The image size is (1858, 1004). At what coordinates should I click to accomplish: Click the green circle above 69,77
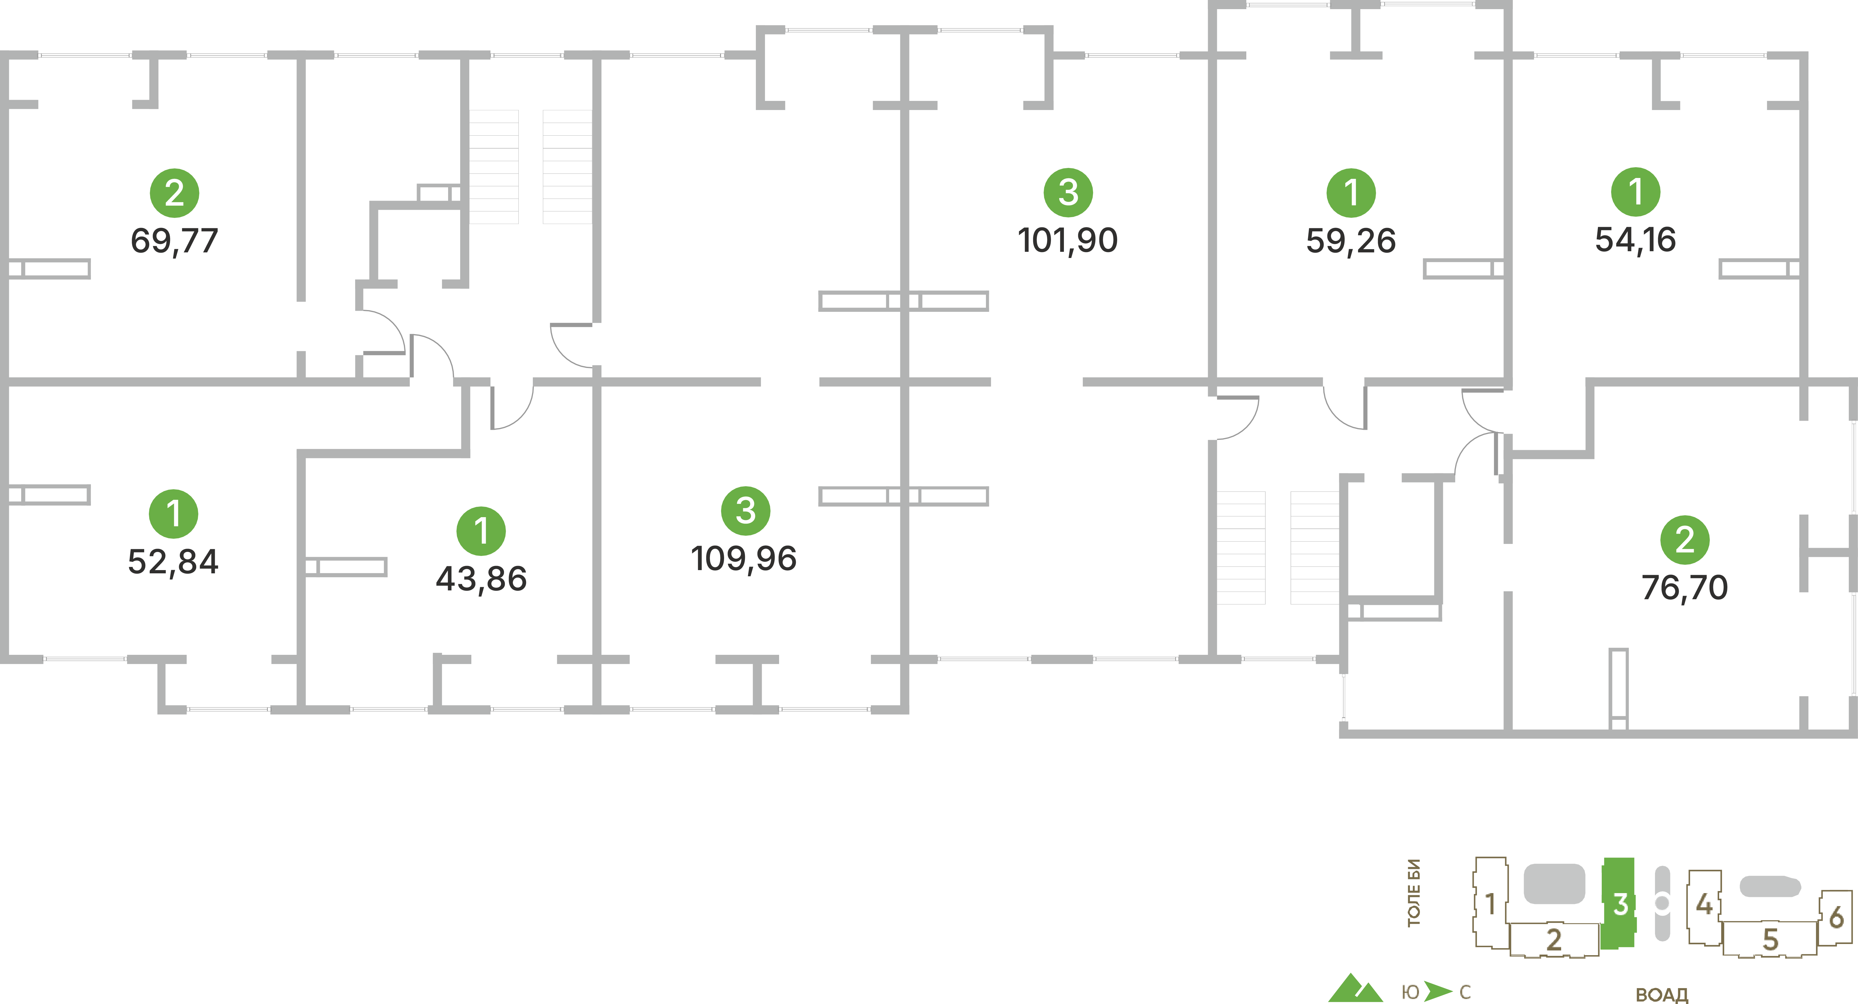coord(174,193)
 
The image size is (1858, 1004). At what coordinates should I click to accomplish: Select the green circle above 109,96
coord(746,511)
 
